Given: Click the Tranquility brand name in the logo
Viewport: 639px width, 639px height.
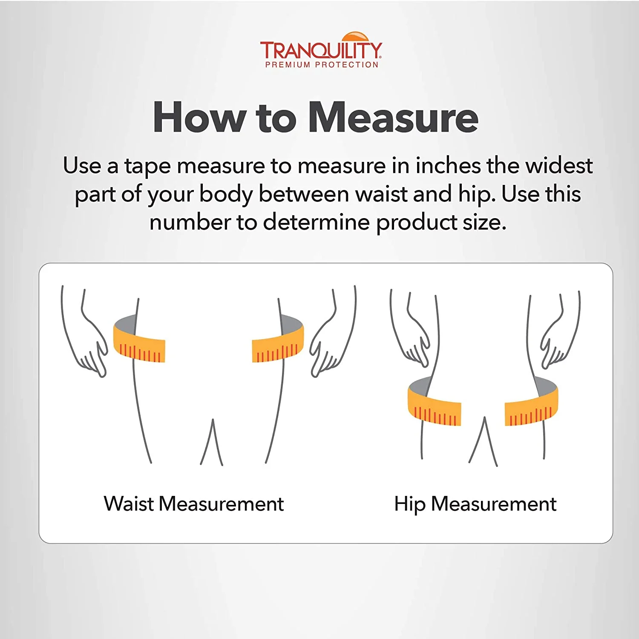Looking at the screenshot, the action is coord(321,50).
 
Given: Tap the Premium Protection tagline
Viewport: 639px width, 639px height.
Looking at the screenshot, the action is coord(322,65).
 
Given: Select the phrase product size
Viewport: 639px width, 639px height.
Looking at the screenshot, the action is coord(441,223).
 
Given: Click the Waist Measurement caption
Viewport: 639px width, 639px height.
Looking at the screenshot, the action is coord(194,504).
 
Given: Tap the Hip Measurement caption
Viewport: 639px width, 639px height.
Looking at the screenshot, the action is coord(475,504).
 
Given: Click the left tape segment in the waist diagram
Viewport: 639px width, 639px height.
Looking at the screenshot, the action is coord(138,341).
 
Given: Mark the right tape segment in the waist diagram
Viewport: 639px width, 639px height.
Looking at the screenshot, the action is coord(278,341).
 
